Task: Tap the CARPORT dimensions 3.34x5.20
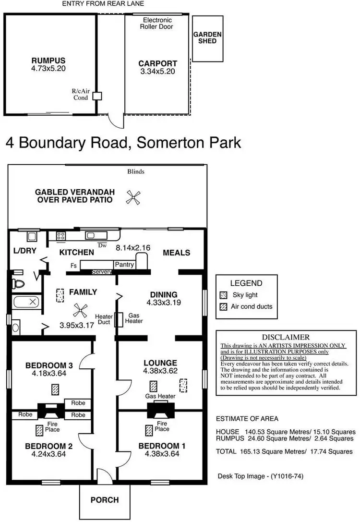pyautogui.click(x=157, y=71)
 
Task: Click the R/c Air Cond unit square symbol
pyautogui.click(x=97, y=96)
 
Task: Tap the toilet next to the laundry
pyautogui.click(x=18, y=284)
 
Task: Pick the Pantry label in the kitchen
pyautogui.click(x=124, y=265)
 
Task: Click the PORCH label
pyautogui.click(x=105, y=500)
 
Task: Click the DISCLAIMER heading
pyautogui.click(x=286, y=337)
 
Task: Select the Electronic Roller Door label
pyautogui.click(x=158, y=24)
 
